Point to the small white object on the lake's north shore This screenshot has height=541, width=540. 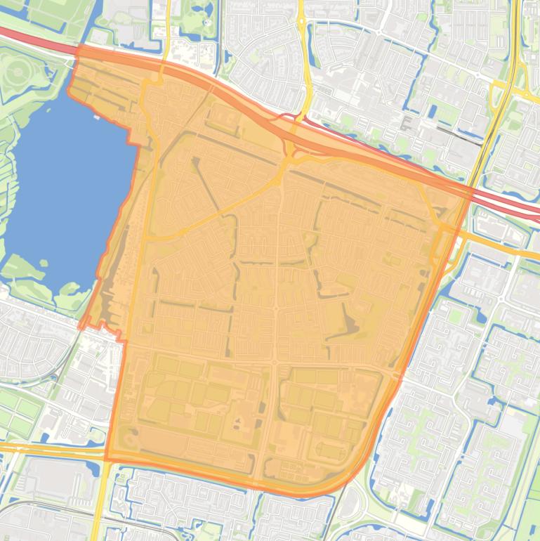tap(96, 117)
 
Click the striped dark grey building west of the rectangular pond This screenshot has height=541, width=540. tap(407, 124)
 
